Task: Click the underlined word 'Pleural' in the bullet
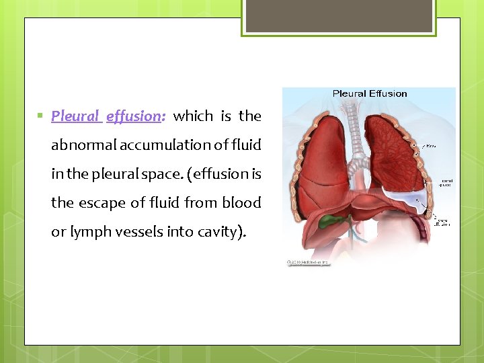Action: click(x=76, y=116)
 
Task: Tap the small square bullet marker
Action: click(x=41, y=116)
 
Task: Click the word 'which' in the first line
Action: click(x=193, y=116)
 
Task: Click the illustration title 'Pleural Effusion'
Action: click(x=369, y=94)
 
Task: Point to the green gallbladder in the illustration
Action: click(x=331, y=220)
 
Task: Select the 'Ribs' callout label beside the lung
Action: click(x=431, y=145)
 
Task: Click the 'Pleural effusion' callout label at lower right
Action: click(x=443, y=222)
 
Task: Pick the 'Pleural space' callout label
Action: click(x=446, y=184)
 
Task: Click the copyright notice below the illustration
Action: click(x=309, y=262)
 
